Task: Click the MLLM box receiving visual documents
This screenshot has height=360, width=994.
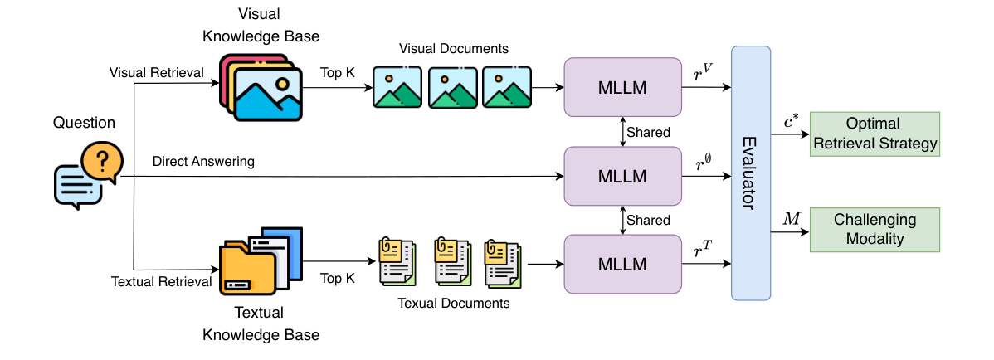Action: [x=622, y=87]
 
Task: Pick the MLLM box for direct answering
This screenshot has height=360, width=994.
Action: [x=622, y=176]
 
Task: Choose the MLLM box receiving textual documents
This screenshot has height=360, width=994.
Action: [x=622, y=264]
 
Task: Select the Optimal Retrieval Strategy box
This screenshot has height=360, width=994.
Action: [x=875, y=134]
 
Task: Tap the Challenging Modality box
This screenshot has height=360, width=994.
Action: [x=875, y=230]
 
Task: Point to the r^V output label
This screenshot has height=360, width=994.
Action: [x=704, y=75]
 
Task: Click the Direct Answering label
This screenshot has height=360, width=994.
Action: [x=203, y=160]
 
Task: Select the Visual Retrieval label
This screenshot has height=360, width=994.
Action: [x=157, y=73]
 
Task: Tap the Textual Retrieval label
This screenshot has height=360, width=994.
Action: [x=162, y=281]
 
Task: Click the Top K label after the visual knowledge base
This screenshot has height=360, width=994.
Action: [x=338, y=72]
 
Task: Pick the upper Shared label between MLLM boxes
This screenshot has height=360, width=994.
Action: [x=649, y=132]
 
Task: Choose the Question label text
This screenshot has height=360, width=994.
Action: [x=84, y=123]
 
